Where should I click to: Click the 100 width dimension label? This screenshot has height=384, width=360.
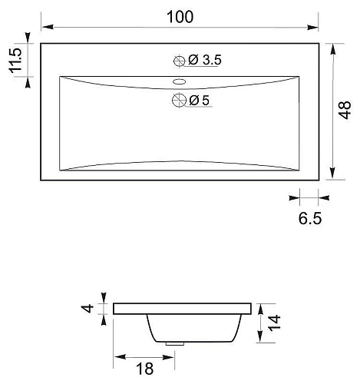pyautogui.click(x=180, y=17)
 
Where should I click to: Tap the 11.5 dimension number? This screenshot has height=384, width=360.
pyautogui.click(x=15, y=61)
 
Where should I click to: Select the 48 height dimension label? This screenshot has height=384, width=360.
pyautogui.click(x=345, y=110)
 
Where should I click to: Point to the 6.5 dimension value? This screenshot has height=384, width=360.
pyautogui.click(x=310, y=218)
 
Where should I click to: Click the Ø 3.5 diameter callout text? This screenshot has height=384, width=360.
pyautogui.click(x=205, y=60)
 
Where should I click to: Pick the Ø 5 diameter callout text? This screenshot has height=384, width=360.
pyautogui.click(x=200, y=100)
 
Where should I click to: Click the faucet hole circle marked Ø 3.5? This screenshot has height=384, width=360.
pyautogui.click(x=180, y=61)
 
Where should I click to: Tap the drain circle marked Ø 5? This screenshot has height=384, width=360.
pyautogui.click(x=179, y=100)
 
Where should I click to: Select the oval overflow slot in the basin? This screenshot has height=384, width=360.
pyautogui.click(x=179, y=81)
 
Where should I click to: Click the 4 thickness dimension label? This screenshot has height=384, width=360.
pyautogui.click(x=88, y=308)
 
